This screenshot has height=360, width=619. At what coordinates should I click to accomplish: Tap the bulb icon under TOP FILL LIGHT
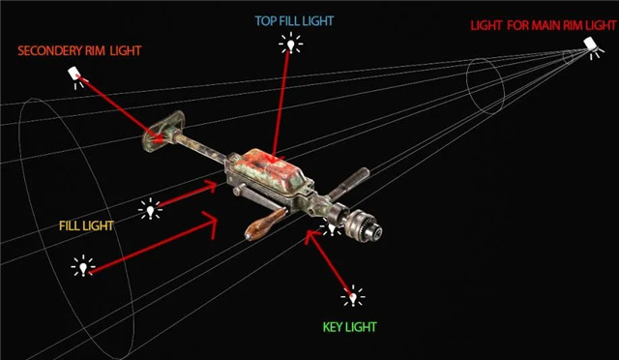click(x=291, y=44)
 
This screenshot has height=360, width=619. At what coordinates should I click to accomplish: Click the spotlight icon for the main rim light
click(x=592, y=47)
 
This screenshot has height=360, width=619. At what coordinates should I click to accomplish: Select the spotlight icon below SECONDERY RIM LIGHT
click(x=75, y=76)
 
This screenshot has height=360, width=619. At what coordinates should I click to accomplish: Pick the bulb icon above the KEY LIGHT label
click(x=353, y=296)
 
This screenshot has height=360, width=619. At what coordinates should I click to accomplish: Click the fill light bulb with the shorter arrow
click(x=151, y=209)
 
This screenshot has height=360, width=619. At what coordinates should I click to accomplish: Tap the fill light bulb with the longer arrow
click(x=83, y=266)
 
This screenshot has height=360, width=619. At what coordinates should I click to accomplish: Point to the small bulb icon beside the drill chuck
click(x=331, y=227)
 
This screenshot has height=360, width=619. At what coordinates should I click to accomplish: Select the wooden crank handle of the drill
click(x=265, y=225)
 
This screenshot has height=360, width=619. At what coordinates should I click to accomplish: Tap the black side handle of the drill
click(x=349, y=183)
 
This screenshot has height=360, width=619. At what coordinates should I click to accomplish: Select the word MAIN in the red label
click(x=546, y=26)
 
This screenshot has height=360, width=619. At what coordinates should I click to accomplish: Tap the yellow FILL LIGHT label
click(x=86, y=225)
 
